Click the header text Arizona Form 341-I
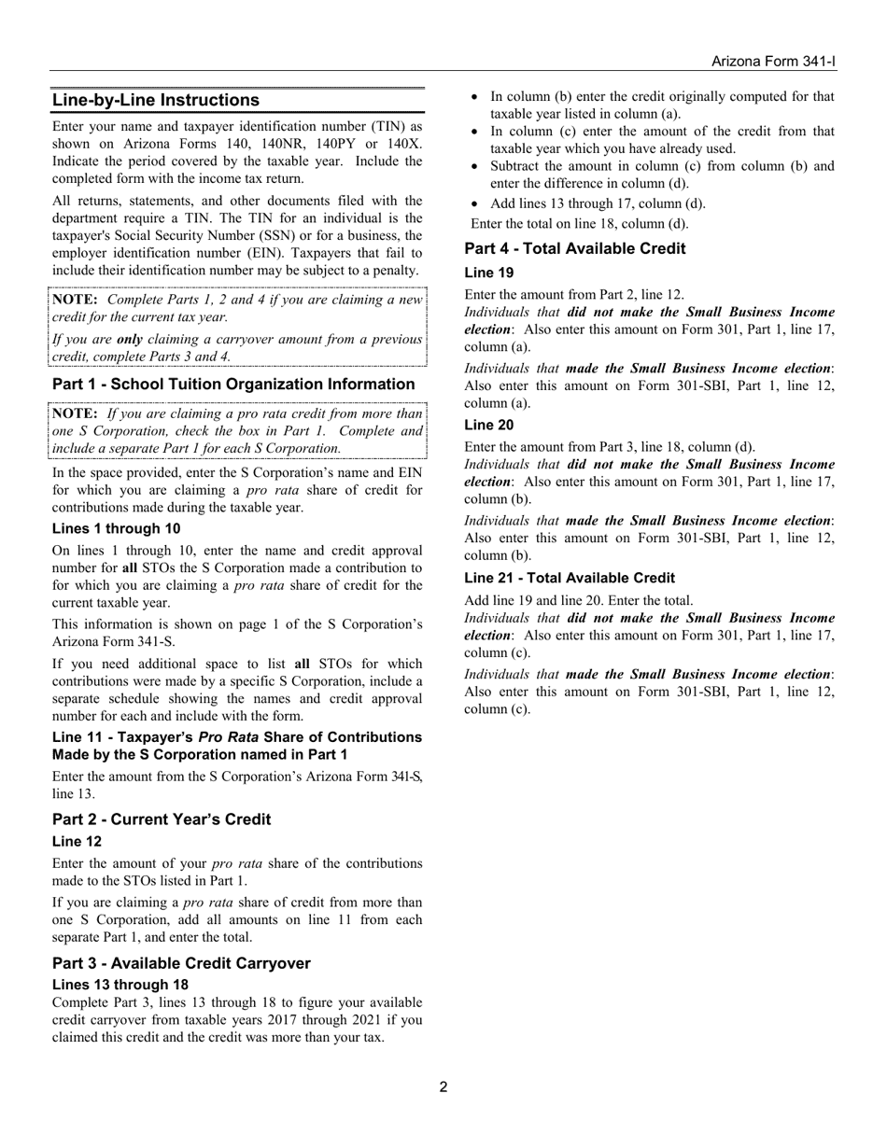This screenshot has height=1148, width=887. (x=773, y=62)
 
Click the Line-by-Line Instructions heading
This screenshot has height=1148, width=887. (x=156, y=100)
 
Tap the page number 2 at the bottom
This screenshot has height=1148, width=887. (x=443, y=1086)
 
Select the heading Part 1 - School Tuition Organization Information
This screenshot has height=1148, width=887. (x=233, y=385)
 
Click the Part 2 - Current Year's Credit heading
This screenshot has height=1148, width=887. (x=162, y=819)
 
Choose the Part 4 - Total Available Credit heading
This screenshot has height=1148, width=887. (x=574, y=248)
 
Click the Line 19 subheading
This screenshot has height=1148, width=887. (x=488, y=273)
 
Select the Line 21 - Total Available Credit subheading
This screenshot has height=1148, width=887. (x=569, y=578)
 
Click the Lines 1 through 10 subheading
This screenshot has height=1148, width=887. (x=117, y=528)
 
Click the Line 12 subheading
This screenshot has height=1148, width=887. (x=77, y=841)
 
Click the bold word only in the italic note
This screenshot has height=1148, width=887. (x=129, y=339)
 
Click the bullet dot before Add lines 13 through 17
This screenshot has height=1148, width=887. (x=475, y=204)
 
